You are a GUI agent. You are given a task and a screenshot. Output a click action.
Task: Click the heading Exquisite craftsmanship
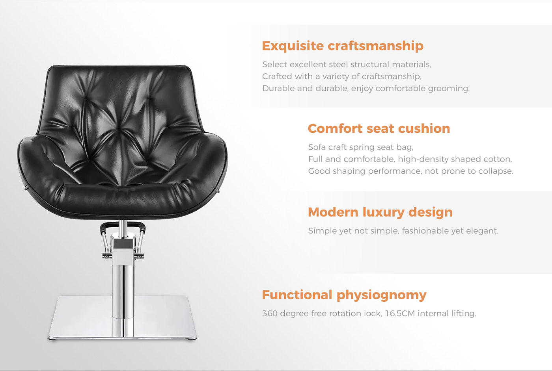342,46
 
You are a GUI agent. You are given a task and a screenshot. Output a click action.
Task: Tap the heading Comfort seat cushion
379,128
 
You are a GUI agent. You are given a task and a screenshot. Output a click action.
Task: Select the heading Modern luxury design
380,212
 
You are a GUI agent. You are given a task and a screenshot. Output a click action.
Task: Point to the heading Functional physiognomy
344,295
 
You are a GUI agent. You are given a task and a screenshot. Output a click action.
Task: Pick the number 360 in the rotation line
270,313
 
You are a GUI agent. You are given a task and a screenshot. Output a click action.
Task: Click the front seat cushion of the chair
122,197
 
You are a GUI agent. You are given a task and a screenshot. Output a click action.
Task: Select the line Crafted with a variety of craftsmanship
341,76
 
